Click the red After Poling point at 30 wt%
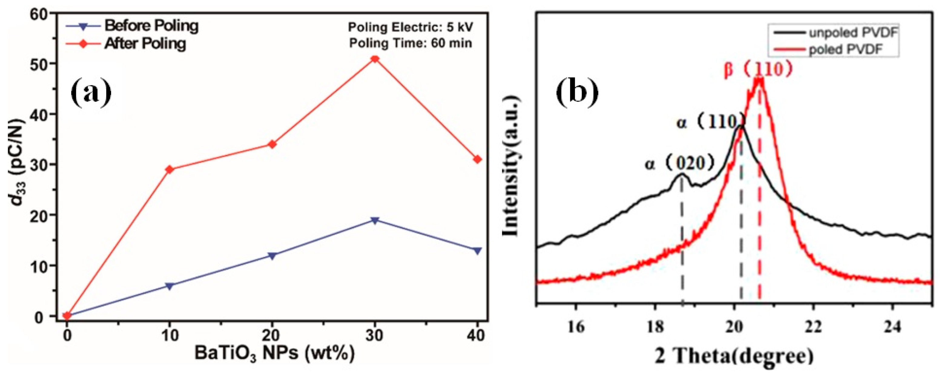click(x=375, y=59)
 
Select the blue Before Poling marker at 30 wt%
click(x=375, y=220)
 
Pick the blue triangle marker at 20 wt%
click(x=272, y=256)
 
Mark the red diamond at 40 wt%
click(x=478, y=159)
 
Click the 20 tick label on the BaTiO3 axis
click(x=272, y=335)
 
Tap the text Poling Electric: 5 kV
click(x=411, y=27)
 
